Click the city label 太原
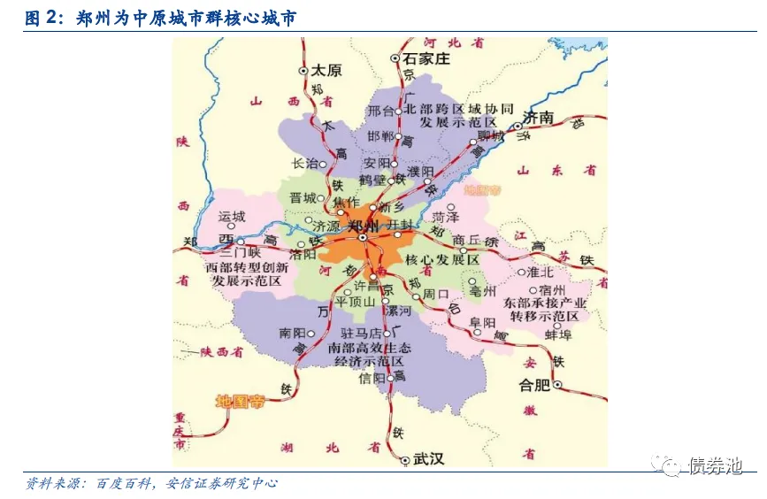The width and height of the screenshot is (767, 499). click(327, 71)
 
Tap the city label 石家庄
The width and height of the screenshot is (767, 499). click(426, 59)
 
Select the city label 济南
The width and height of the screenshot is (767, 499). click(538, 118)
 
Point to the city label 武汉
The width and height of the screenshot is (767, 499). click(430, 459)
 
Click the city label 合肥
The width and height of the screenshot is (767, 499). click(534, 385)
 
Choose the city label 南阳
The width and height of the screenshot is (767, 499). click(292, 333)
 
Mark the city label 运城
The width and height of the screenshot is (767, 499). click(231, 216)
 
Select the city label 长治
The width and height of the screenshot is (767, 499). click(304, 164)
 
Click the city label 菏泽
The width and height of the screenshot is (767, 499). click(445, 216)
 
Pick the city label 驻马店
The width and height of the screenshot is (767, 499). click(360, 334)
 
